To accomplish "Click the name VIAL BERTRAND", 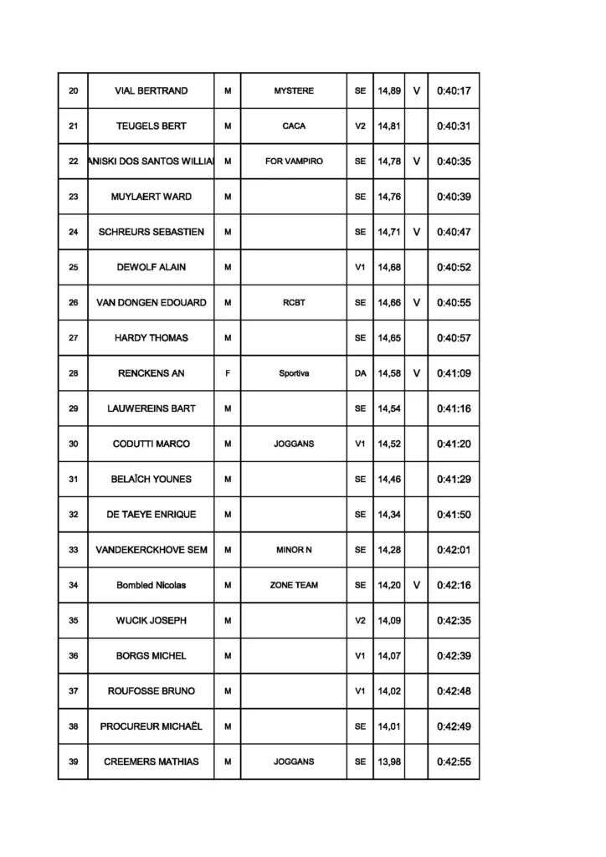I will coord(151,91).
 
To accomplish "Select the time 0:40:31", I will coord(454,126).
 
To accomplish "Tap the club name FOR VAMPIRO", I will coord(294,162).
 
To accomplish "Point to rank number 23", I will coord(73,197).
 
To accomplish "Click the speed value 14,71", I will coord(388,232).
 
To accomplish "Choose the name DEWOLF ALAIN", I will coord(151,267).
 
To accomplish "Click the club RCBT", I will coord(294,303).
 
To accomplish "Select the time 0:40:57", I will coord(454,338).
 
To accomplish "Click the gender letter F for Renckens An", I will coord(228,373).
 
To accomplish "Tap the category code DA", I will coord(360,373).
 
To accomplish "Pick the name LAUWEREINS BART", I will coord(151,408).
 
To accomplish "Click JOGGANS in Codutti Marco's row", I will coord(294,444).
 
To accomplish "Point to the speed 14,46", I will coord(388,480).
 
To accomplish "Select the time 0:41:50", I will coord(454,515).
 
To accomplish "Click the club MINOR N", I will coord(294,550).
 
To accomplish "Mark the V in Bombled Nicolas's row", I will coord(416,585).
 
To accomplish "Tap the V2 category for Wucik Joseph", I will coord(360,621).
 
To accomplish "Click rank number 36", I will coord(73,656).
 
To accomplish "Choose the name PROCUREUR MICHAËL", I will coord(151,726).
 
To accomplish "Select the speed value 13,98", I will coord(388,762).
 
